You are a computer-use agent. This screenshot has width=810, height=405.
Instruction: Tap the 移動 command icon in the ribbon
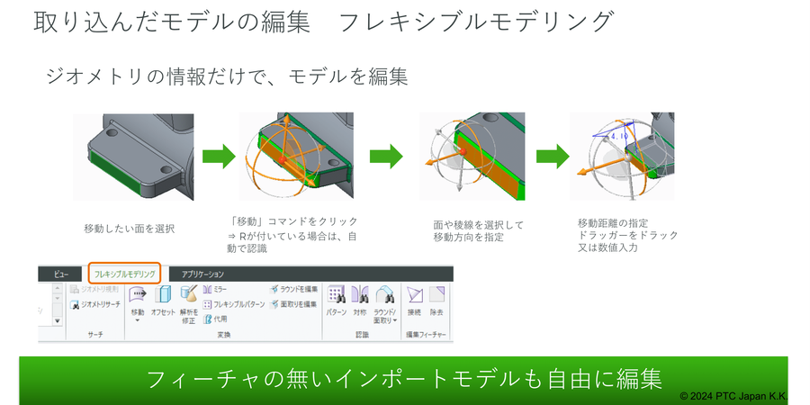(138, 294)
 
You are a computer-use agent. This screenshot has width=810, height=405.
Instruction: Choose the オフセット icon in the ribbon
(164, 294)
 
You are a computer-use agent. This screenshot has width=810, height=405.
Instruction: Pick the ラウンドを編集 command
(294, 289)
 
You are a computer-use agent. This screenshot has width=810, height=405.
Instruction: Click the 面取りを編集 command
(294, 304)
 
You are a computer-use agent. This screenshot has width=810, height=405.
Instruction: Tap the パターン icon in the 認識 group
(337, 294)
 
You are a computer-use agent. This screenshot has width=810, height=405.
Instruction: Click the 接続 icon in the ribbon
(414, 294)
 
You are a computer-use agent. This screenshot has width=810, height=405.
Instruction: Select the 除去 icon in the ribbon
(436, 294)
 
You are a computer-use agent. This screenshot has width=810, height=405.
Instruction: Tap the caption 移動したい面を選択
(129, 229)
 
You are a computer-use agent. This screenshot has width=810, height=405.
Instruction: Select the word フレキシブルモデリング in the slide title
(477, 22)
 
